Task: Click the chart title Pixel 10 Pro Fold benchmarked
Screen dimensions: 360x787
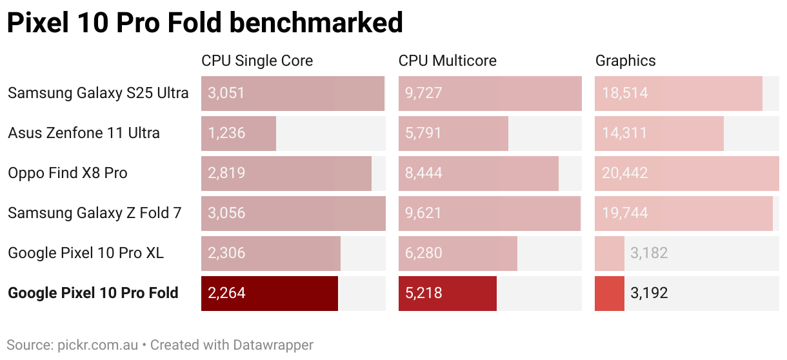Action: tap(204, 23)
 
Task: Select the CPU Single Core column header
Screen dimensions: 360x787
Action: tap(257, 61)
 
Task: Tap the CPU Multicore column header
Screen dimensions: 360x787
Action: tap(447, 61)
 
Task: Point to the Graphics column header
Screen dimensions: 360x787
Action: tap(625, 61)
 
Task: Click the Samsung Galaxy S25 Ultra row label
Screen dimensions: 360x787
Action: tap(98, 93)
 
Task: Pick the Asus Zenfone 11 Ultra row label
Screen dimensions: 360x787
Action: tap(84, 133)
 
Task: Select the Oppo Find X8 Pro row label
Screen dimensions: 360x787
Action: tap(68, 173)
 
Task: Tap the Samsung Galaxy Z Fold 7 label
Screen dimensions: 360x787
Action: tap(95, 213)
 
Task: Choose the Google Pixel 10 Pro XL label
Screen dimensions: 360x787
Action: tap(86, 253)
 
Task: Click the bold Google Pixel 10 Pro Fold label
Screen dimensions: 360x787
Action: tap(93, 293)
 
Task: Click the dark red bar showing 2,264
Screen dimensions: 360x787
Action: tap(270, 294)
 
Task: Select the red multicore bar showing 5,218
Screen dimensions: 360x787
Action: tap(448, 294)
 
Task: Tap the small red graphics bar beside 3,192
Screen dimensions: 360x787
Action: tap(610, 294)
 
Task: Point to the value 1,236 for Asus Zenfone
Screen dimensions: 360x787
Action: tap(226, 134)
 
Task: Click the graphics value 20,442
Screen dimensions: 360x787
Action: tap(624, 174)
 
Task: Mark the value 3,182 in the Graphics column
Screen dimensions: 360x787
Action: tap(649, 254)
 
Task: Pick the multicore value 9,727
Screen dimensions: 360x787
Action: tap(423, 94)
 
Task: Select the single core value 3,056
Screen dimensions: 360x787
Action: tap(226, 214)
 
